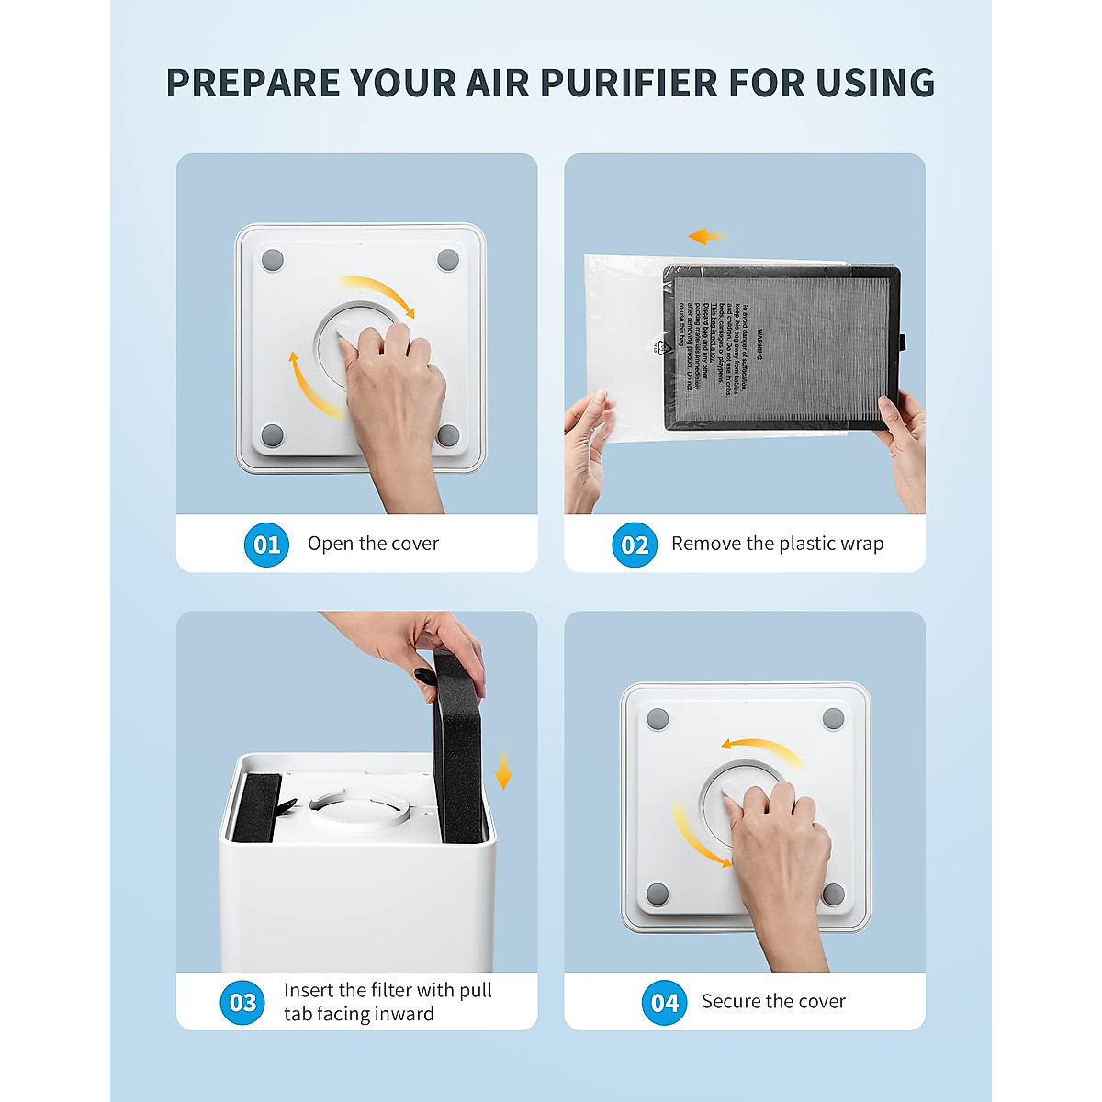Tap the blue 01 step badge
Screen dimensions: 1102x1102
pos(266,545)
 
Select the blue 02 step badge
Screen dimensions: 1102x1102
pos(635,545)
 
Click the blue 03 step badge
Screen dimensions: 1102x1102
pos(242,1002)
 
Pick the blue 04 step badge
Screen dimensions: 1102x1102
pos(664,1002)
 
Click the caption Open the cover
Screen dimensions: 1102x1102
pos(373,544)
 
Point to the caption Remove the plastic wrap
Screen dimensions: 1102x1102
pos(777,544)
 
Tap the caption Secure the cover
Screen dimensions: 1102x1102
pos(773,1001)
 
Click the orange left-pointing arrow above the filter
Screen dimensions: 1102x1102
pos(705,237)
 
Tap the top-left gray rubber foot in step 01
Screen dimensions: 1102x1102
pos(273,260)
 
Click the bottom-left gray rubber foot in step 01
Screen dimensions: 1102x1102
pos(272,434)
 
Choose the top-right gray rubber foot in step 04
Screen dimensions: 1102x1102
pos(833,719)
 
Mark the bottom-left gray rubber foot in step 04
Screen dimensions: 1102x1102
pos(658,894)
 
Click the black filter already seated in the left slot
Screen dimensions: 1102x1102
pos(256,808)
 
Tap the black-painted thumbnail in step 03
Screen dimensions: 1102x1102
pos(425,677)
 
